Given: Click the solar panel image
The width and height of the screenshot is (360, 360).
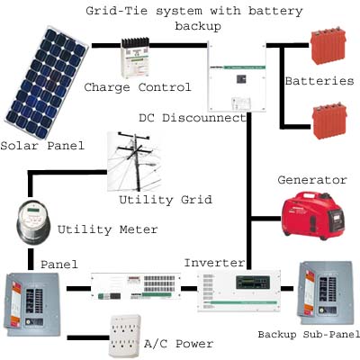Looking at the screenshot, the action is pos(46,83).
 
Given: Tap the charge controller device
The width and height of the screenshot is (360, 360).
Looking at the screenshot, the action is pos(135,57).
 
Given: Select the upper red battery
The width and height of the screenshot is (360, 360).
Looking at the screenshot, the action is pos(328,46).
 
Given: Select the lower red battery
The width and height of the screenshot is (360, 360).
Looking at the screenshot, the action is pos(329,121).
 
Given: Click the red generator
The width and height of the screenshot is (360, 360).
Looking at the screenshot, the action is pos(312,215).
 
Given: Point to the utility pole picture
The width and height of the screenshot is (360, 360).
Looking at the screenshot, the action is pos(134,161).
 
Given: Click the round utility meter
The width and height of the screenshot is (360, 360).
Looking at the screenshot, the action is pos(32,221).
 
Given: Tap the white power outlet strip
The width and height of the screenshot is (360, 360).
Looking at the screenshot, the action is pos(125,336).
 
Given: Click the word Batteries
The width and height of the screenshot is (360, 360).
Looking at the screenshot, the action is pos(319,81).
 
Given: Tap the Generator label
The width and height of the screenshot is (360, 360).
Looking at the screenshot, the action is pos(312,180).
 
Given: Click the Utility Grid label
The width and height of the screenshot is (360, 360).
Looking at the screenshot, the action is pos(166,200).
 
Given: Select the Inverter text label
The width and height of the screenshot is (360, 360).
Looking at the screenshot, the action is pos(215,263).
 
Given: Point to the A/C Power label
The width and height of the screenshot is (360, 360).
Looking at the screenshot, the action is pos(179,344).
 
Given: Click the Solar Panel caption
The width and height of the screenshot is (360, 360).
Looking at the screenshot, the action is pos(42,146).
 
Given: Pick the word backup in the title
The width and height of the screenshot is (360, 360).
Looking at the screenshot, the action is pos(198,26).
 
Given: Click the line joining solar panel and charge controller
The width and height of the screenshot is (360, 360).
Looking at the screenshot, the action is pos(106,46).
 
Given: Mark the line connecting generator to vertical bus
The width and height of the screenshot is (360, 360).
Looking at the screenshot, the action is pos(266,219).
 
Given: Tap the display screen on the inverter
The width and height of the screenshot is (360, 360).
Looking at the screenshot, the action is pos(253,283).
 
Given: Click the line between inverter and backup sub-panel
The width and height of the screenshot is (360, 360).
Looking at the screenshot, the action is pos(287,289).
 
